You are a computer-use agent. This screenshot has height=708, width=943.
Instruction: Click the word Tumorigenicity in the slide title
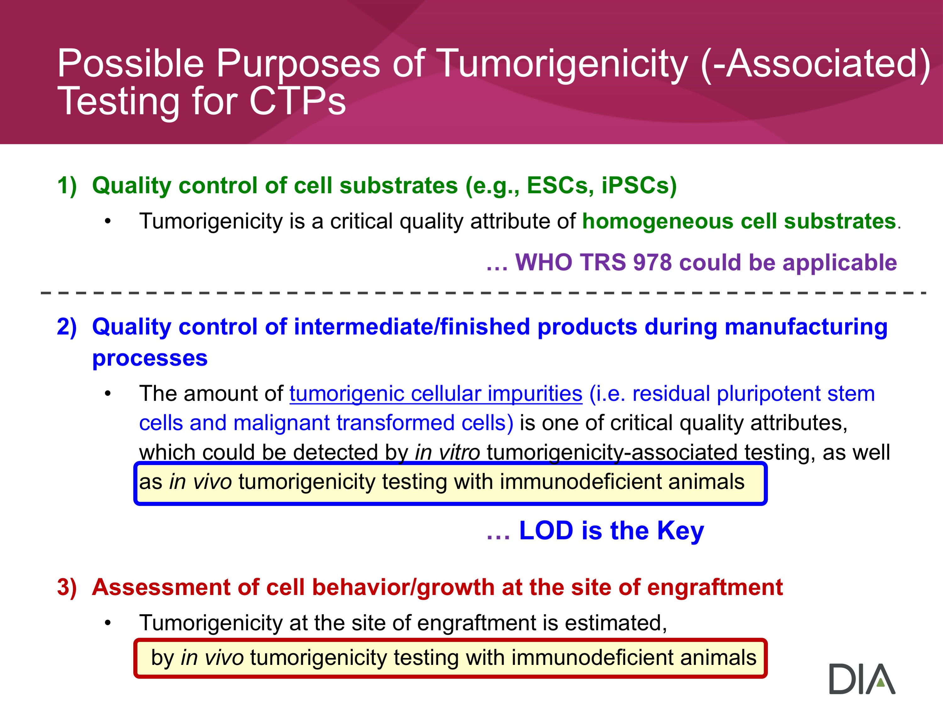pyautogui.click(x=563, y=64)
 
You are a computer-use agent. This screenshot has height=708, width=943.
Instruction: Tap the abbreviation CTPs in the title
pyautogui.click(x=297, y=101)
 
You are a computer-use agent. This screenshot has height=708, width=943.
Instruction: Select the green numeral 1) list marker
pyautogui.click(x=67, y=186)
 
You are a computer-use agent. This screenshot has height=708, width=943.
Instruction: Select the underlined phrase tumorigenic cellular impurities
pyautogui.click(x=436, y=394)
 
